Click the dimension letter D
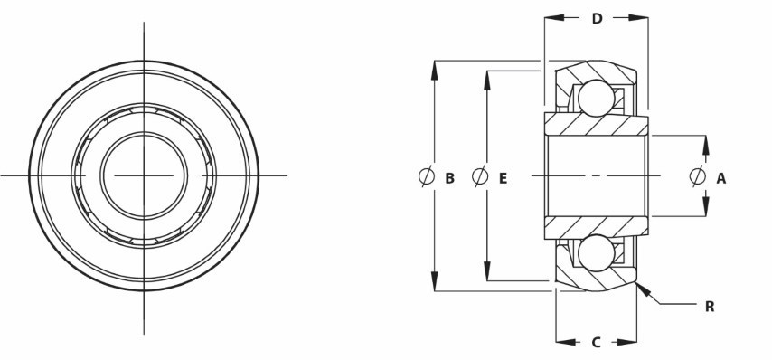coord(597,19)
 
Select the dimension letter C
coord(596,342)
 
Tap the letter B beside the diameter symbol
coord(449,178)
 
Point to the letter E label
coord(503,178)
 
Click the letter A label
coord(720,178)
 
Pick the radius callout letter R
coord(710,307)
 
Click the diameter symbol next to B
coord(427,176)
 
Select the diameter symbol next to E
coord(480,176)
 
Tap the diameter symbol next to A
coord(698,176)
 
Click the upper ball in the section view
coord(597,98)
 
